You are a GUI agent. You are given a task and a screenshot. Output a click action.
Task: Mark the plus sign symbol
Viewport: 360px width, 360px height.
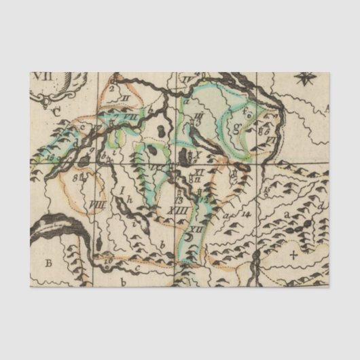[293, 255]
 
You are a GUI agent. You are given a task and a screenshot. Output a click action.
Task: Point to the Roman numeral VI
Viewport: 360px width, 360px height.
[270, 139]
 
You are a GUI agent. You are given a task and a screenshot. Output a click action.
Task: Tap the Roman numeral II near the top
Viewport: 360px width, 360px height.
[124, 99]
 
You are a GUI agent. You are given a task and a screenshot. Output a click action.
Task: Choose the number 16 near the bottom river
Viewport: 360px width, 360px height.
[107, 259]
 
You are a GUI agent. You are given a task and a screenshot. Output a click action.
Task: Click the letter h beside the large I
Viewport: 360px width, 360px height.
[129, 199]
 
